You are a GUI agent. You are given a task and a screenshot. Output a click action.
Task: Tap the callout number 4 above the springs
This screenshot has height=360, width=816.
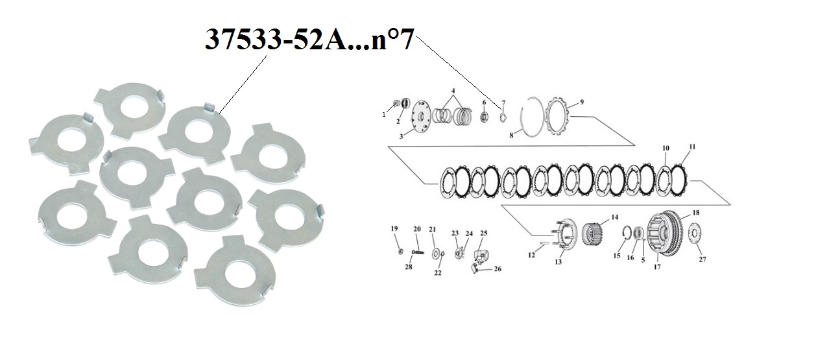point(453,91)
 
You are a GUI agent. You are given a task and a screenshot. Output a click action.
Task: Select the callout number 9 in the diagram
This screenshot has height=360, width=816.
point(582,102)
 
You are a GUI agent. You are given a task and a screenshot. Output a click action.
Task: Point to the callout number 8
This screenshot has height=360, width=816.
point(511,135)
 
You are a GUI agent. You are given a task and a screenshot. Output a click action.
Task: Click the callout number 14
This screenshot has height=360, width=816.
point(615,217)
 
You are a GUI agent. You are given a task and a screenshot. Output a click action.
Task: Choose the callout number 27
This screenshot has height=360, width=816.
point(702,259)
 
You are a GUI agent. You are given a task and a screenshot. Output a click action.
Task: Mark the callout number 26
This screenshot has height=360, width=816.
point(498,269)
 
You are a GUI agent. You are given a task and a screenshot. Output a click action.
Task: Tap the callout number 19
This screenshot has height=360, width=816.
point(394,229)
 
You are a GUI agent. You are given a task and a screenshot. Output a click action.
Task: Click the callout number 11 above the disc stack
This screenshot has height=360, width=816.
point(692,147)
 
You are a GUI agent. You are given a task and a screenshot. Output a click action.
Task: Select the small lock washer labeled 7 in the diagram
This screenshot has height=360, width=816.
point(502,118)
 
